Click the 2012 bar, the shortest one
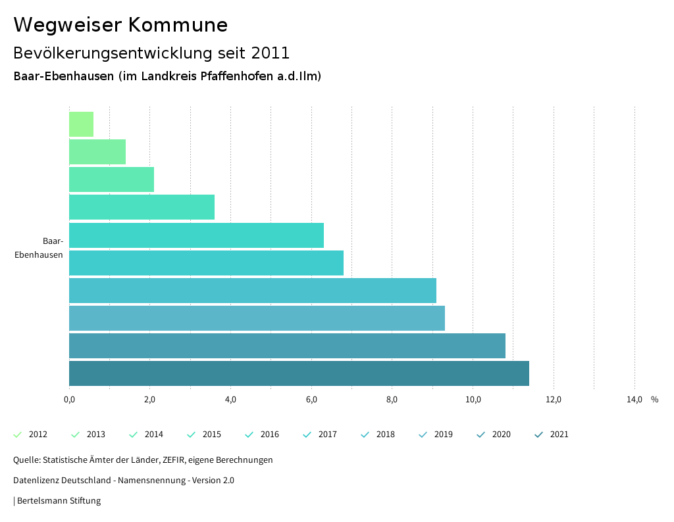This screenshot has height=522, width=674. tap(81, 124)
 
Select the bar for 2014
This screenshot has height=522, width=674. tap(111, 179)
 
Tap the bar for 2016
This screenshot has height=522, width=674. tap(196, 235)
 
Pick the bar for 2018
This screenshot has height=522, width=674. tap(253, 291)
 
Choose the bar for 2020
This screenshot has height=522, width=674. tap(287, 346)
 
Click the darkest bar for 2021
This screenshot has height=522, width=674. tap(299, 373)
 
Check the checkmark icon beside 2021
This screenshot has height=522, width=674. tap(539, 435)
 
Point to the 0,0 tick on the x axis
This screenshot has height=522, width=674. tap(69, 400)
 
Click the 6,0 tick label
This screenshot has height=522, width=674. tap(311, 400)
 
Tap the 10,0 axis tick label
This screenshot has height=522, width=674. tap(473, 400)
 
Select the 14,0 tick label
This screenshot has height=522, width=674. tap(635, 400)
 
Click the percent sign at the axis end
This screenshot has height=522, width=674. tap(654, 400)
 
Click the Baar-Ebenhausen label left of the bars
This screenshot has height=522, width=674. tap(39, 248)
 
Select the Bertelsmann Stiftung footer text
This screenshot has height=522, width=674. tap(59, 501)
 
